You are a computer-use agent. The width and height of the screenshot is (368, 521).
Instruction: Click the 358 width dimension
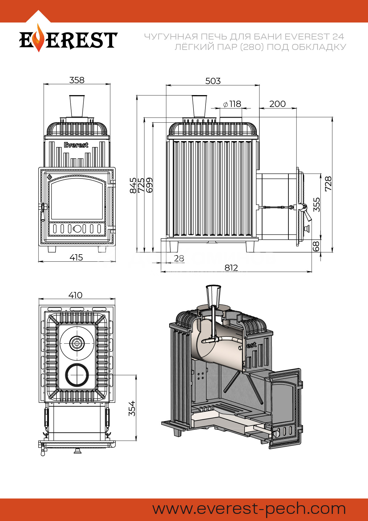point(77,80)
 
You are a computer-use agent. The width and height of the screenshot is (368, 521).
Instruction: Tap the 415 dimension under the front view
point(76,258)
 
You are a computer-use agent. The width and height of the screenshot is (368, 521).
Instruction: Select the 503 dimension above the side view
point(213,81)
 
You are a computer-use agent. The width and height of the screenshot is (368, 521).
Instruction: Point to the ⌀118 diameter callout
point(232,104)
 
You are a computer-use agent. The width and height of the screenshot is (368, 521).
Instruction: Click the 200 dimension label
point(277,104)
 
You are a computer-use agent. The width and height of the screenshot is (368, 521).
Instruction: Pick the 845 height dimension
point(133,185)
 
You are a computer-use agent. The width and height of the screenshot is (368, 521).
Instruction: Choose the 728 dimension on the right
point(328,184)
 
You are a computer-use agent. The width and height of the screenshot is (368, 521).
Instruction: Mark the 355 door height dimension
point(317,204)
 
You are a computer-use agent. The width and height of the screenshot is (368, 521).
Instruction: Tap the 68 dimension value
point(316,246)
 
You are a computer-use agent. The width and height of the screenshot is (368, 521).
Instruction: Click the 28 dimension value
point(179,258)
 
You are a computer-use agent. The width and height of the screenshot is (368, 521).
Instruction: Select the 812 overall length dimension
point(231,268)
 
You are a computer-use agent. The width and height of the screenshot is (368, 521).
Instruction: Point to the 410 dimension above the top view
point(75,295)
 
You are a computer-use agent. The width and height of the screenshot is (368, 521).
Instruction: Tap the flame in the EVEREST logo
point(38,39)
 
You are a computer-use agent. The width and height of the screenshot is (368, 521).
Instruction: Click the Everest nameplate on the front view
point(76,145)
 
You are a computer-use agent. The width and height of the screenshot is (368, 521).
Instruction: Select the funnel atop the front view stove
point(77,106)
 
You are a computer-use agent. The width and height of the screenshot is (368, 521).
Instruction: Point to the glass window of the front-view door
point(77,199)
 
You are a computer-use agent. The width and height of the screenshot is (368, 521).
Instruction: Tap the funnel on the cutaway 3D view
point(213,296)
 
